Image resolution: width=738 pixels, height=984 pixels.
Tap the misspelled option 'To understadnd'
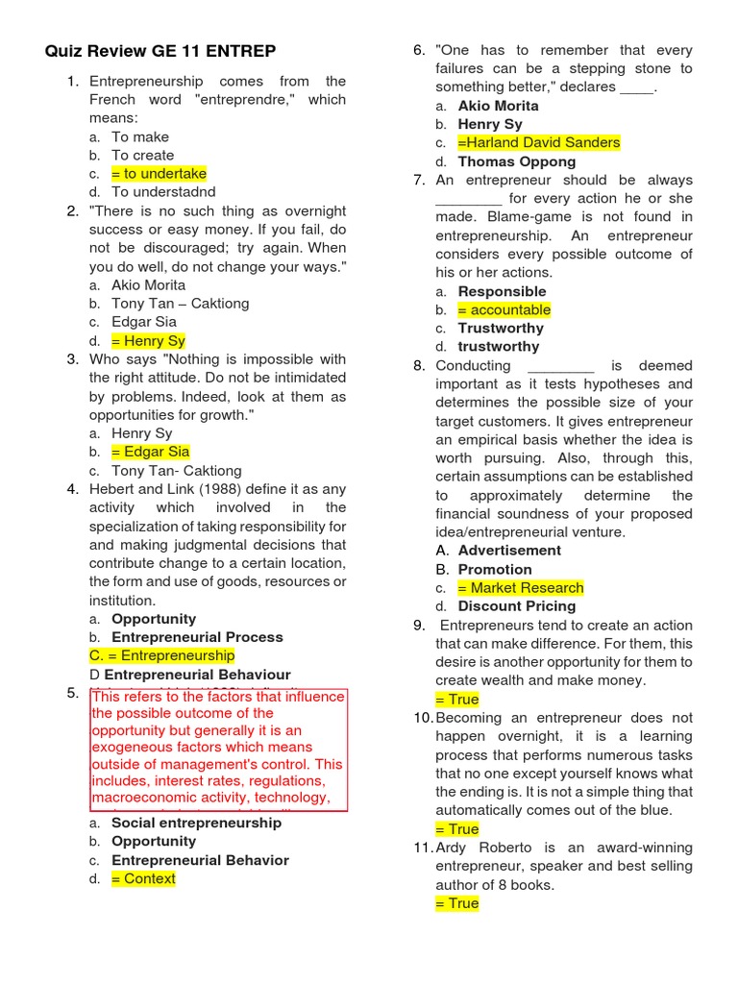(163, 192)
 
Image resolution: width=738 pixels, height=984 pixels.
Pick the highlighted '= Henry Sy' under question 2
(148, 340)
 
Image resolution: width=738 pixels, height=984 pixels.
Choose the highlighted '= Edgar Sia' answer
(150, 452)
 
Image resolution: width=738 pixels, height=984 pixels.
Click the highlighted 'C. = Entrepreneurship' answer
(161, 655)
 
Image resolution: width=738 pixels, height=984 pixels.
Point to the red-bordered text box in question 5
(219, 750)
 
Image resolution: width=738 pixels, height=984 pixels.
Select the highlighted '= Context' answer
(143, 878)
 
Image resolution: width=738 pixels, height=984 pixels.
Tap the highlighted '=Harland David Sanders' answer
(538, 143)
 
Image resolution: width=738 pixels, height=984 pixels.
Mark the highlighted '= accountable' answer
(504, 309)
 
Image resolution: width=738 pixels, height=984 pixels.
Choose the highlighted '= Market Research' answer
(520, 587)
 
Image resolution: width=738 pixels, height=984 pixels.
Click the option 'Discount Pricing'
(517, 606)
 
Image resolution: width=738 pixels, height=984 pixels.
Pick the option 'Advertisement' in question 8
(509, 551)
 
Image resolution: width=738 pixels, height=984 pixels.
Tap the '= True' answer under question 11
(456, 903)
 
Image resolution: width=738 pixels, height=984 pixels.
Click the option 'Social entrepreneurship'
(197, 823)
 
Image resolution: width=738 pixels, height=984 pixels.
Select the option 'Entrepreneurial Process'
(197, 637)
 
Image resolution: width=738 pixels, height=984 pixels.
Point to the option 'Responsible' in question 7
(502, 291)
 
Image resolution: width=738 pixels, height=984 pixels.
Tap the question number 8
(419, 365)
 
